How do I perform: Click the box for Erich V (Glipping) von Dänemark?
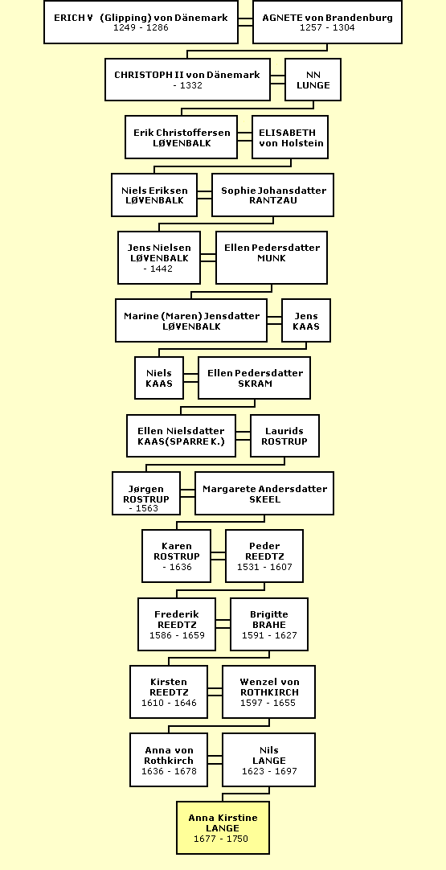point(141,23)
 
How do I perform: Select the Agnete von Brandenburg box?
point(327,23)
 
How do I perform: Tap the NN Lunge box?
point(313,80)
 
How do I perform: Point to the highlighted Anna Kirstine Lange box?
point(223,827)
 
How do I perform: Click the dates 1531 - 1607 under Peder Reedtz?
point(264,567)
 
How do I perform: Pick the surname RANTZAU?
point(273,200)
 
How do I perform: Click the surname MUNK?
point(272,258)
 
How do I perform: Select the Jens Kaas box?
point(306,320)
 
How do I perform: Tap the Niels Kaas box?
point(159,378)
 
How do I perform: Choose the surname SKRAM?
point(255,384)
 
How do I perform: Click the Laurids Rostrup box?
point(284,436)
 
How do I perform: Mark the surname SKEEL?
point(264,499)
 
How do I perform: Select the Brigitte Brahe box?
point(269,624)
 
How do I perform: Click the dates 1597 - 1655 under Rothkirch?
point(268,703)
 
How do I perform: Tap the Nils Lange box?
point(269,760)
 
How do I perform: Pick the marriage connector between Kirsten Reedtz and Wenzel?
point(215,691)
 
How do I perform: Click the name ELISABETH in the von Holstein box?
point(288,133)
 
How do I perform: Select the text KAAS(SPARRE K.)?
point(181,441)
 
